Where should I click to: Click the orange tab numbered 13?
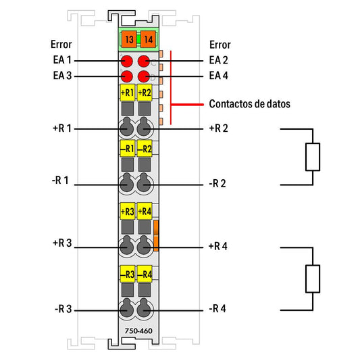tap(129, 39)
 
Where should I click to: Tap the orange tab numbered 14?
tap(148, 39)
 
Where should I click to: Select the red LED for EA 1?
tap(127, 62)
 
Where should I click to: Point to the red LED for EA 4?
tap(144, 76)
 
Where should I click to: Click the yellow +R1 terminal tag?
tap(128, 93)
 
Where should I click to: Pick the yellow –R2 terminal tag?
tap(145, 149)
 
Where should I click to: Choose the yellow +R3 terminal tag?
tap(128, 211)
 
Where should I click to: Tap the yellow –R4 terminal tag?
tap(145, 274)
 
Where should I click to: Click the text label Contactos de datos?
tap(250, 104)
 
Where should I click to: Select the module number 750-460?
tap(138, 331)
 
